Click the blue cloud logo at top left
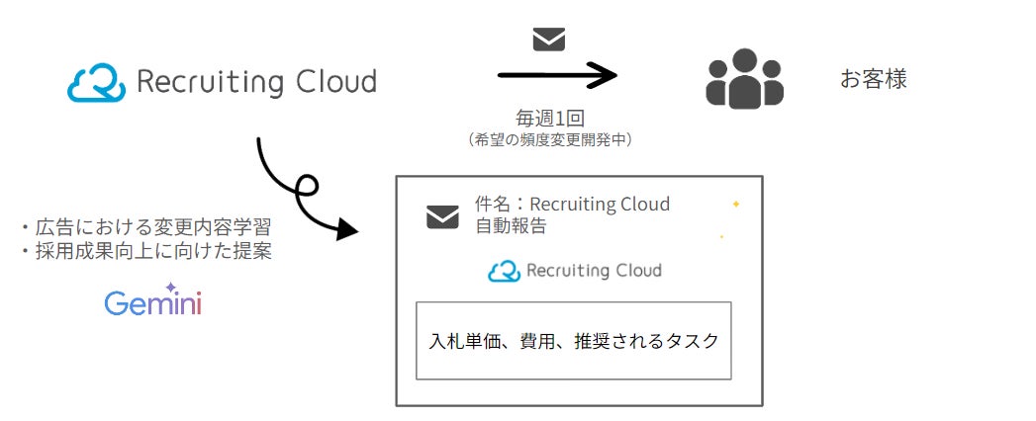pos(96,82)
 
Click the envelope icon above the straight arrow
pos(549,40)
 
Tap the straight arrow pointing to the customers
pos(556,75)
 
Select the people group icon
pos(744,78)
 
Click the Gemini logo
pos(152,301)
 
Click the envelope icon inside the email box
pos(442,216)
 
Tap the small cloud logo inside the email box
pos(504,271)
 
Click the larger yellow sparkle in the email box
pos(735,204)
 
